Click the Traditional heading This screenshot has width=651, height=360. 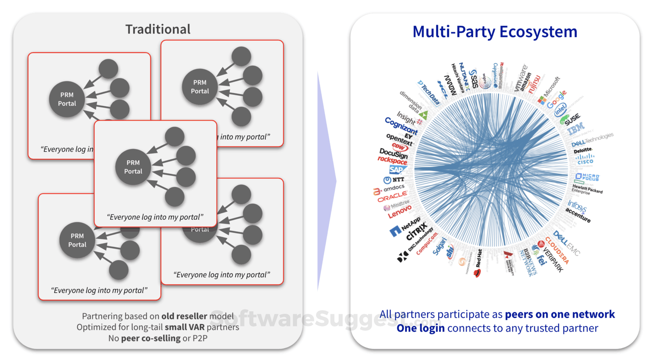coord(158,29)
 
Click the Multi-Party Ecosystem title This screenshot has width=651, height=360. coord(495,32)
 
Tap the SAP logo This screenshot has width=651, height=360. coord(397,170)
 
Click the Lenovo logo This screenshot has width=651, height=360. coord(399,212)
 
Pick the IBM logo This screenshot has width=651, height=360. coord(576,129)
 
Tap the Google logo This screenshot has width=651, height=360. coord(556,100)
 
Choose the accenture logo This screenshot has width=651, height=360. coord(578,215)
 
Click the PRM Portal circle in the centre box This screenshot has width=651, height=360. coord(133,167)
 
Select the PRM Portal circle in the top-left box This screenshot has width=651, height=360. coord(67,99)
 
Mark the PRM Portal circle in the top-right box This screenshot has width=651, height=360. coord(200,87)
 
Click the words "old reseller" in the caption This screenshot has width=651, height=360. coord(184,316)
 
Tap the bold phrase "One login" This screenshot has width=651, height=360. coord(420,328)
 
